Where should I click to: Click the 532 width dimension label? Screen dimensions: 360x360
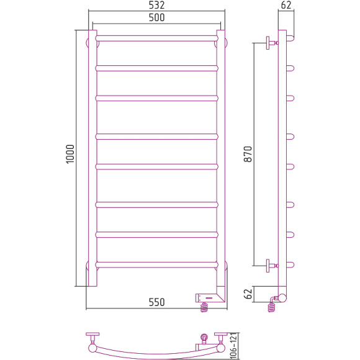(x=156, y=5)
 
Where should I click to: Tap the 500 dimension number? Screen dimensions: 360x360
(x=156, y=17)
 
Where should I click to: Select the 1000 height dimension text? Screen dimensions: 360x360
(x=70, y=154)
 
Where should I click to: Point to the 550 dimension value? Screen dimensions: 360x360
(x=156, y=302)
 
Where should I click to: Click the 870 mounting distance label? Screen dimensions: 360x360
(x=248, y=154)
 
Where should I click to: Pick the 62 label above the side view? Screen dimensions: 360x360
(x=286, y=5)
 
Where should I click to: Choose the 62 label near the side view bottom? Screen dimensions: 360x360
(x=248, y=294)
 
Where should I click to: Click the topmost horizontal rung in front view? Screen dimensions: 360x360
(x=157, y=38)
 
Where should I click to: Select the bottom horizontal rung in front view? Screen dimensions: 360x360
(x=157, y=264)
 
